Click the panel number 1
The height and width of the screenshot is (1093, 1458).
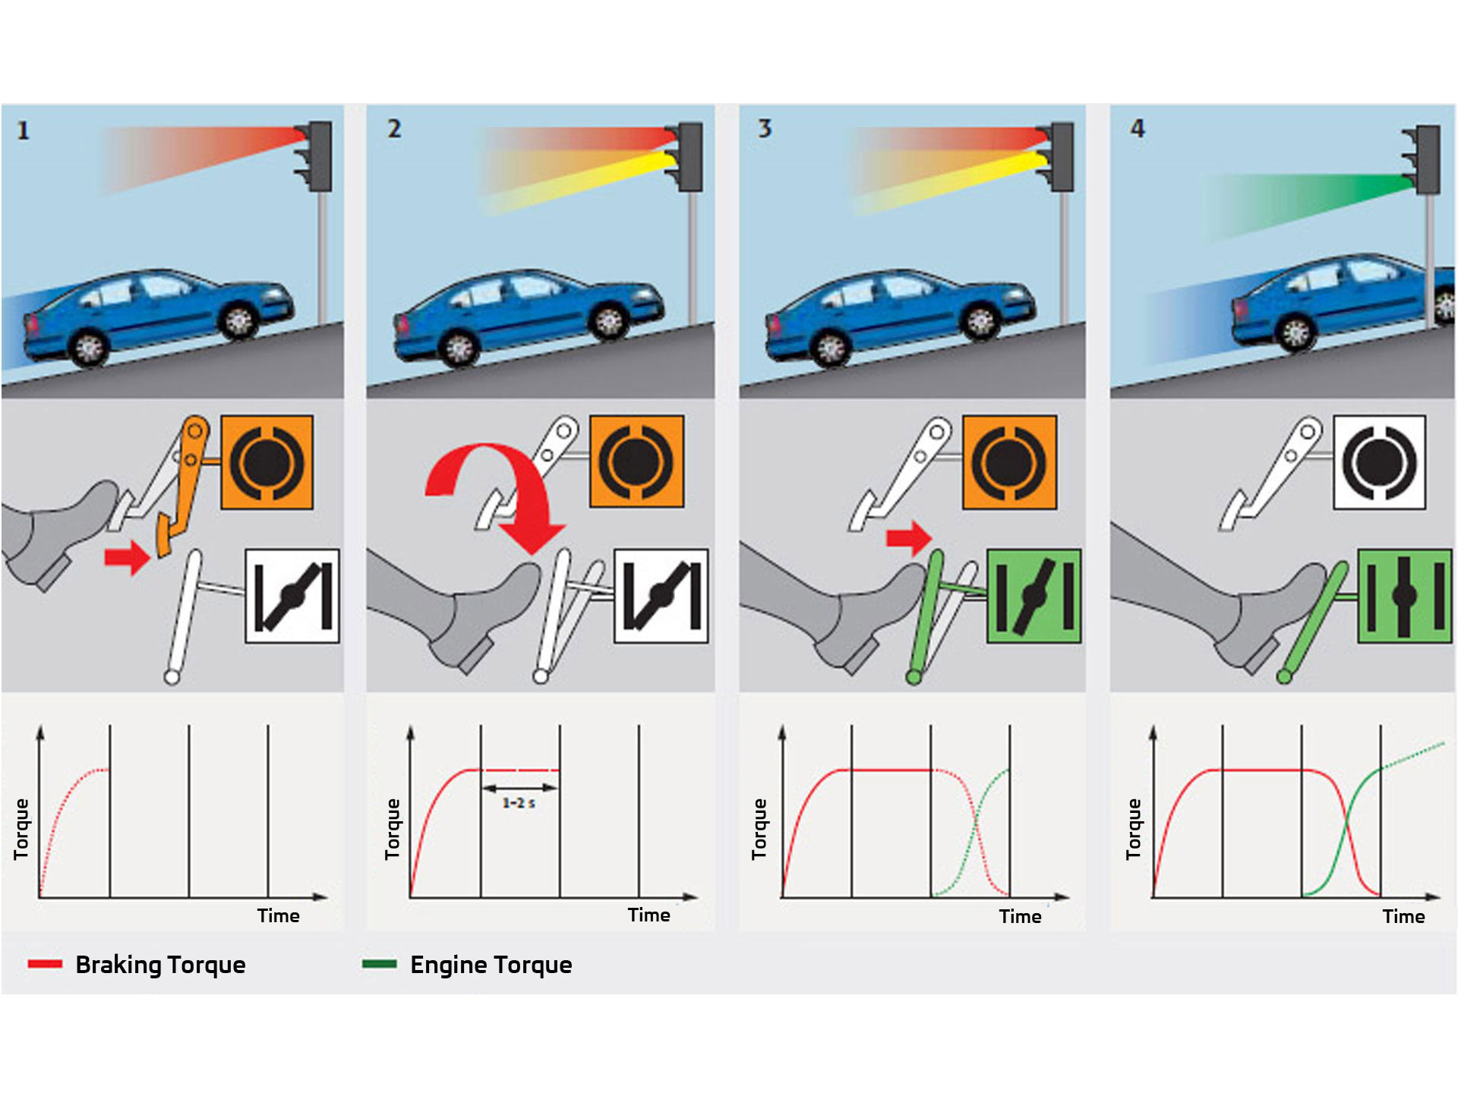click(x=23, y=131)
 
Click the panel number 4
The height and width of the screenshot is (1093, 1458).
click(x=1137, y=128)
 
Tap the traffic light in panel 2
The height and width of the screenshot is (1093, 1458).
click(x=690, y=157)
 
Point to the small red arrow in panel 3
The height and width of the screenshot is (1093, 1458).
click(x=908, y=537)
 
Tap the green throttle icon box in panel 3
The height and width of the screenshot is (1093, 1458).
click(x=1034, y=597)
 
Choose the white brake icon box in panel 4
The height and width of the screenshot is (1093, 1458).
click(x=1379, y=462)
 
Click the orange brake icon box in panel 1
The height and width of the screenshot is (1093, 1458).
click(x=267, y=462)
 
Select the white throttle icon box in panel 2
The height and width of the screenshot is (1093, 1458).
click(x=661, y=597)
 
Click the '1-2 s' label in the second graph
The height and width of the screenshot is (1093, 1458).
click(x=519, y=803)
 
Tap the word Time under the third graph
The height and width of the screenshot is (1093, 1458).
click(x=1020, y=917)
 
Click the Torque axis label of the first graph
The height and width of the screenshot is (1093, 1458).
click(x=21, y=829)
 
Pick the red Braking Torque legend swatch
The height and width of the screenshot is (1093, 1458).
click(x=45, y=964)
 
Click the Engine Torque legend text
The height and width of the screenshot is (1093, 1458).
click(x=491, y=965)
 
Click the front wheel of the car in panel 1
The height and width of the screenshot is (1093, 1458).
click(x=238, y=320)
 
